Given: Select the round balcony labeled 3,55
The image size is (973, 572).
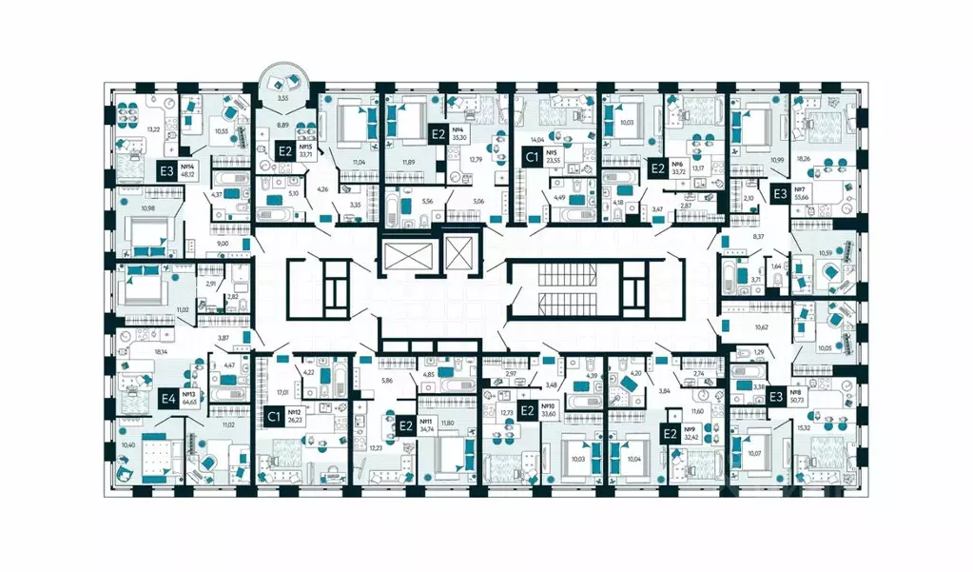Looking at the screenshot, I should pos(282,96).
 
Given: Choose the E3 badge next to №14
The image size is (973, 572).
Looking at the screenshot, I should pos(166,172).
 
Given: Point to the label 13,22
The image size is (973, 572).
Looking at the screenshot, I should pos(126,130).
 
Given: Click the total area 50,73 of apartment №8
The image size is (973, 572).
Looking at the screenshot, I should pos(796,400).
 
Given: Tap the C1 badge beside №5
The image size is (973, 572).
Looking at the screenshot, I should pos(533,156).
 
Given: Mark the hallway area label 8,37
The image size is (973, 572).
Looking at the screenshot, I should pos(758,235).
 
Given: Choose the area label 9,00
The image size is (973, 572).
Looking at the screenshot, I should pos(222,245).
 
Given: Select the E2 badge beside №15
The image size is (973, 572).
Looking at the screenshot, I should pos(284,150).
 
